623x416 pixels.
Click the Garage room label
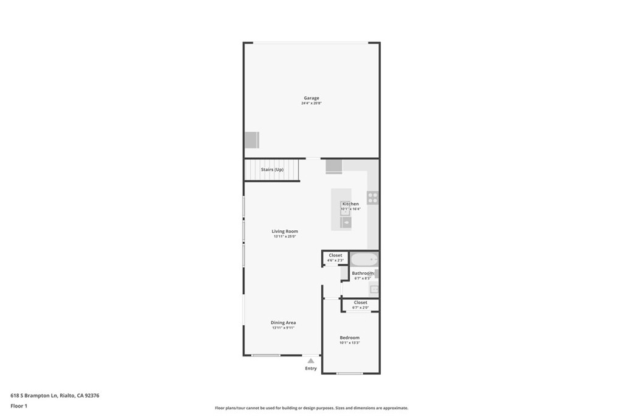click(311, 98)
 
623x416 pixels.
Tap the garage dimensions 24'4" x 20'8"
click(311, 104)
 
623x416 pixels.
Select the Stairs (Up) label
click(272, 169)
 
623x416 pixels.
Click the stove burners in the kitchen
click(372, 197)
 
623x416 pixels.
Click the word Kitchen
click(350, 204)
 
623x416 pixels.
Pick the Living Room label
click(285, 231)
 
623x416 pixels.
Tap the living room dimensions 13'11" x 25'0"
click(285, 237)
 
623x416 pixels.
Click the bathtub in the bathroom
click(364, 260)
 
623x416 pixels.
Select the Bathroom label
click(363, 273)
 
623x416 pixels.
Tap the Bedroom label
click(349, 337)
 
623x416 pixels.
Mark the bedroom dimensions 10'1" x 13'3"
click(349, 343)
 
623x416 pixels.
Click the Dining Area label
click(284, 323)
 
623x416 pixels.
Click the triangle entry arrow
click(311, 361)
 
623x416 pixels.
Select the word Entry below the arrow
click(311, 368)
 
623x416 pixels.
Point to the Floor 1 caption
click(19, 406)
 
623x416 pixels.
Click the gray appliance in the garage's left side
click(251, 139)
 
